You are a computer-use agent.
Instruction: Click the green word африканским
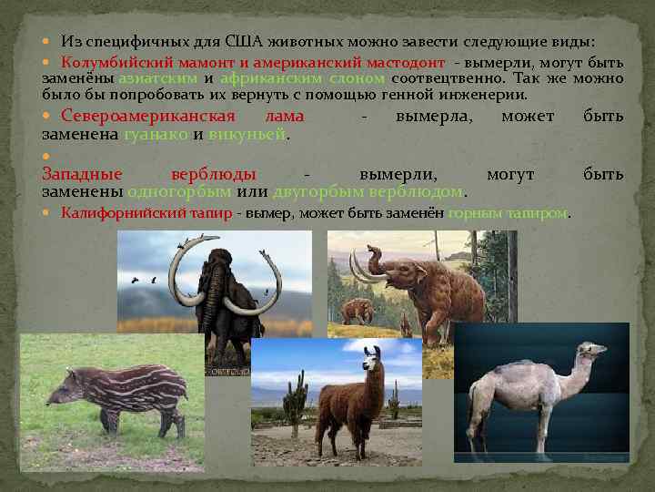coord(265,78)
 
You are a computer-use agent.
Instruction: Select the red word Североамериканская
coord(148,117)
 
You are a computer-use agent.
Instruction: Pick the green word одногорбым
coord(179,191)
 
